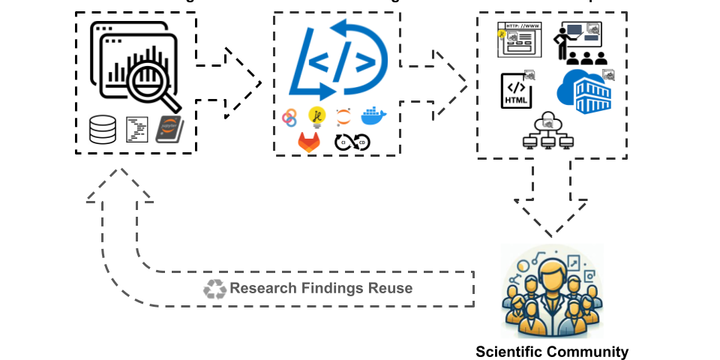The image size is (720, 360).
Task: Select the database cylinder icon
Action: [103, 129]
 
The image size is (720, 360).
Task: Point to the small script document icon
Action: [136, 129]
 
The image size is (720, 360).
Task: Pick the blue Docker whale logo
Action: [373, 116]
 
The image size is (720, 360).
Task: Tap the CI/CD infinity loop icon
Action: [352, 142]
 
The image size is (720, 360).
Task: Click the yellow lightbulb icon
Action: [316, 117]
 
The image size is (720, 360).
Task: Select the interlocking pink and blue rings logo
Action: [289, 117]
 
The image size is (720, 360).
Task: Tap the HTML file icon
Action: [518, 89]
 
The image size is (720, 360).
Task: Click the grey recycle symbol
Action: [214, 289]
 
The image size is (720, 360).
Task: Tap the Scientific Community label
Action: [552, 351]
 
